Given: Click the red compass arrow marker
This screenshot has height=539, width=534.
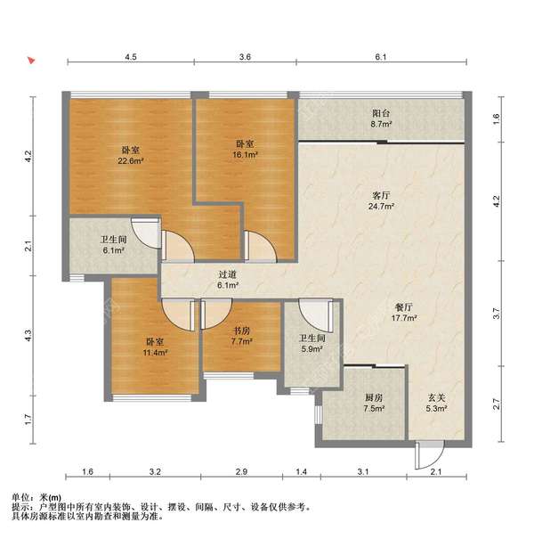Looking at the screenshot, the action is click(x=31, y=61).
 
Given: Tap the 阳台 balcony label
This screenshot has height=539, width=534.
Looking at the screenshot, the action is click(x=381, y=113).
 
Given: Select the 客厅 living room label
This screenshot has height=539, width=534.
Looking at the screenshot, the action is click(x=381, y=196).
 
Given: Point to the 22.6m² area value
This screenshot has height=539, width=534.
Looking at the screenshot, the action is click(x=131, y=161).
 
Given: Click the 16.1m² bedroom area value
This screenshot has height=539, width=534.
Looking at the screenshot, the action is click(x=245, y=155).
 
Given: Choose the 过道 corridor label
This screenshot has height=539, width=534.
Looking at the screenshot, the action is click(x=228, y=274).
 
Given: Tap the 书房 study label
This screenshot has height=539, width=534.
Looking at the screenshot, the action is click(x=241, y=331).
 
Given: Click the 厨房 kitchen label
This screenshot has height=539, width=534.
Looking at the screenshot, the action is click(x=374, y=397).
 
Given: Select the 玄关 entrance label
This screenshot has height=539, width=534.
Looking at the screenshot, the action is click(x=436, y=397).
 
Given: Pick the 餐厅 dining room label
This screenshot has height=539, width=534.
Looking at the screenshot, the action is click(x=404, y=307).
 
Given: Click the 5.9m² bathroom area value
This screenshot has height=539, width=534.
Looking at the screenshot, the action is click(x=311, y=349).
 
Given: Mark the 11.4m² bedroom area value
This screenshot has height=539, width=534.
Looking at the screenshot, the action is click(x=155, y=352).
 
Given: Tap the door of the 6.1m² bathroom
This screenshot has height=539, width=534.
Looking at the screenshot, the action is click(x=146, y=232).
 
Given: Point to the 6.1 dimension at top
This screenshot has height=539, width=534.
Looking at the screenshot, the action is click(x=381, y=57).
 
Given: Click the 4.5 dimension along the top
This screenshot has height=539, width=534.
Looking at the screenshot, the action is click(x=131, y=57).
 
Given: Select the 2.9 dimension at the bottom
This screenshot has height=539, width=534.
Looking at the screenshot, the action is click(x=241, y=471).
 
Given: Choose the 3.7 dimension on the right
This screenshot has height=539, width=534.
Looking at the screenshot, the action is click(x=497, y=314).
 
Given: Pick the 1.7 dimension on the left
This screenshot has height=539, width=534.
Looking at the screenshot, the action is click(x=28, y=420).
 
